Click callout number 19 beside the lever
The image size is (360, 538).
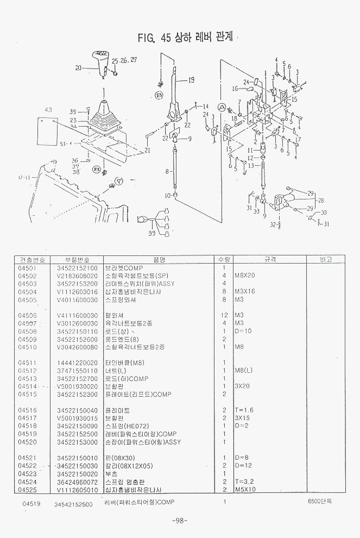(x=191, y=81)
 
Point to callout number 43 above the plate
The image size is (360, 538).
(x=48, y=110)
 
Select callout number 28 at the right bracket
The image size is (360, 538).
(x=321, y=200)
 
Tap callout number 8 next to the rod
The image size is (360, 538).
(x=168, y=171)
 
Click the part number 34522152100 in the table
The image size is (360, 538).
(x=77, y=267)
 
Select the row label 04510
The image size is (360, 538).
(x=27, y=346)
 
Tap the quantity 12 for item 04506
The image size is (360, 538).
(x=224, y=315)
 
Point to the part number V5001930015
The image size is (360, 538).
(x=77, y=418)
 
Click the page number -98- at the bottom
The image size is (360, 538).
(x=179, y=521)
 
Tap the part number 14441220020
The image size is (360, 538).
(x=77, y=362)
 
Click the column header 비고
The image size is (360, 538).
(x=326, y=259)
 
